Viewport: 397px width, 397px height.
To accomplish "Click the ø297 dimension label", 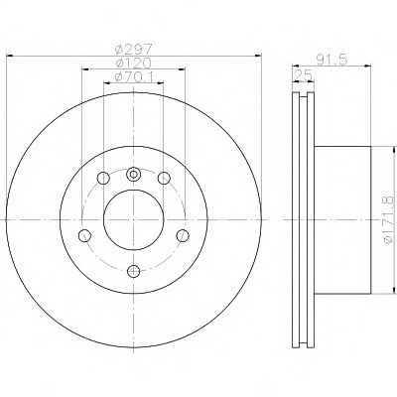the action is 134,50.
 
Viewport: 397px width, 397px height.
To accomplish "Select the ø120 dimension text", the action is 134,63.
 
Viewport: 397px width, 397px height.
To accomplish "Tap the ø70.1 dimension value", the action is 134,77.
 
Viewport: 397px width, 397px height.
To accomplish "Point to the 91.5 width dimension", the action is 331,60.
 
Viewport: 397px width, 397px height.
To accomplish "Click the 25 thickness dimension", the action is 304,75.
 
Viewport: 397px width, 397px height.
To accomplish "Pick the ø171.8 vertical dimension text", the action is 389,219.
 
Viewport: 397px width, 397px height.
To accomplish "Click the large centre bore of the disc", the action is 134,220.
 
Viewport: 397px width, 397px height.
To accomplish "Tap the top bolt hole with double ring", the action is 133,174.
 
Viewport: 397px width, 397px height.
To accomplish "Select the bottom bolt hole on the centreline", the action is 134,271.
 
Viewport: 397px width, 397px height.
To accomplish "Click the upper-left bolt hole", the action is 103,179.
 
